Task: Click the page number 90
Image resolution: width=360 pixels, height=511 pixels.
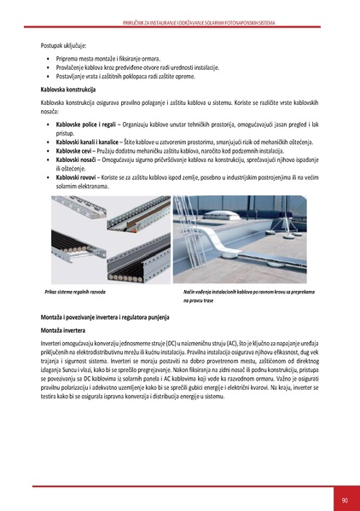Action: coord(344,500)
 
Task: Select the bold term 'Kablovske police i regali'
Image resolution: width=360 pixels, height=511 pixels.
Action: coord(79,125)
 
